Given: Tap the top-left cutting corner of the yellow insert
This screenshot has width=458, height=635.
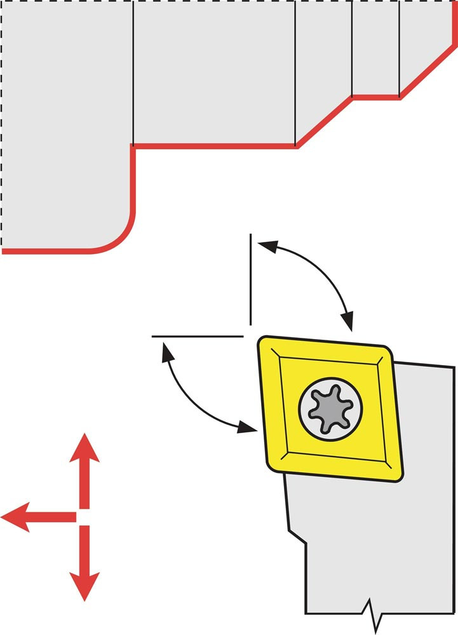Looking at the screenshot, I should point(263,343).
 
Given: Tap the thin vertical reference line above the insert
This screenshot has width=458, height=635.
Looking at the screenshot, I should point(251,279).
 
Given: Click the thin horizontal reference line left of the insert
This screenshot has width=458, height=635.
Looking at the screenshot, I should point(197,335).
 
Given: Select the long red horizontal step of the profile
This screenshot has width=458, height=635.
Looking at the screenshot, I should point(215,146).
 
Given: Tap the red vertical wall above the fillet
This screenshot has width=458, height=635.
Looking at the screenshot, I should point(133,178).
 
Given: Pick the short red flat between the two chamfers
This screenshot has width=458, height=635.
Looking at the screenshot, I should point(376,97).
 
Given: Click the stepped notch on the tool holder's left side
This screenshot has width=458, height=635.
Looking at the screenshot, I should point(297,537).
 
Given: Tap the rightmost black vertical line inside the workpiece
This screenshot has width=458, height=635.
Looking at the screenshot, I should point(400,48).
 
